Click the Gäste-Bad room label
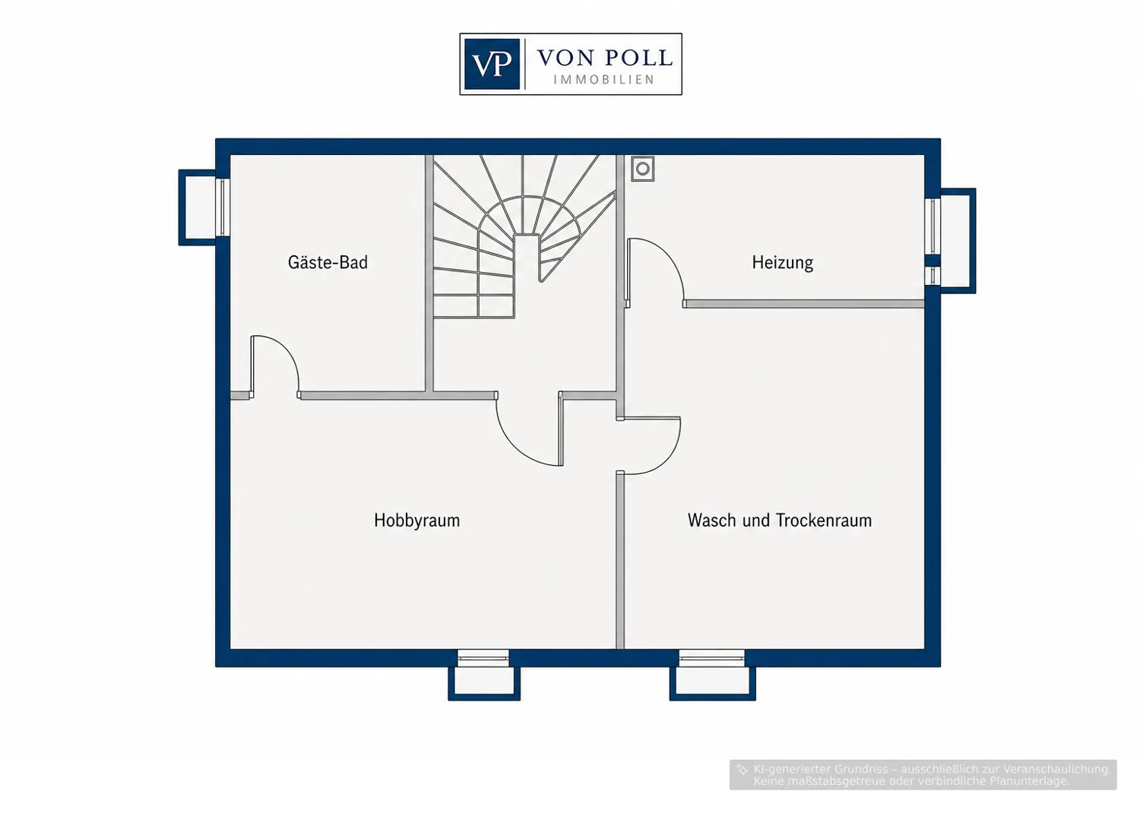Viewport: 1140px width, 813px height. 328,263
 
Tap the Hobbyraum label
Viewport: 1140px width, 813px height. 416,520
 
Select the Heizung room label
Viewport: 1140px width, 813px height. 782,263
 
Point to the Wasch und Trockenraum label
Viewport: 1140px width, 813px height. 780,520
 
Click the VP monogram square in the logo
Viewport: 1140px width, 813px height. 492,64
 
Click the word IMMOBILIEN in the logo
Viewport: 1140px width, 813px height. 604,79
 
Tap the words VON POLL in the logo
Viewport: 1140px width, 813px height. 605,58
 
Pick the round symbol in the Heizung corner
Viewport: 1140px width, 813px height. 643,169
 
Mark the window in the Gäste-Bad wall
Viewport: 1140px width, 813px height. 223,207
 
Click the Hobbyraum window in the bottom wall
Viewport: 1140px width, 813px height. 483,658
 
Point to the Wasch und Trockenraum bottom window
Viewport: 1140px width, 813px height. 711,658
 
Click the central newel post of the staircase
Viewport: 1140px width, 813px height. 526,257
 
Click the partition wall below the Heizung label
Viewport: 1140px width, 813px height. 804,304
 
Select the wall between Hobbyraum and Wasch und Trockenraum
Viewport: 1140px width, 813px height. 620,560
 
